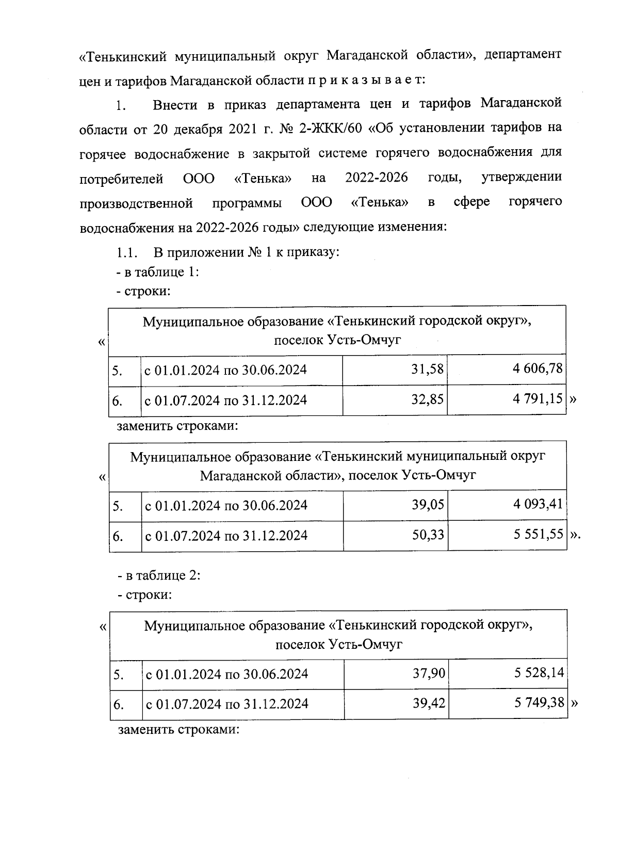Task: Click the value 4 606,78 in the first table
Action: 537,369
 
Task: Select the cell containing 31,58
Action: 427,369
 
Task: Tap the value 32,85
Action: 427,399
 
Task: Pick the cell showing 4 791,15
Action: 537,399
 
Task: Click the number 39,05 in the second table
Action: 428,504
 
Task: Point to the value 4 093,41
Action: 537,504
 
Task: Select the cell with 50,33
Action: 428,535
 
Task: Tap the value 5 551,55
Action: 537,535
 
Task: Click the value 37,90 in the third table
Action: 429,673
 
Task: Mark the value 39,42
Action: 429,703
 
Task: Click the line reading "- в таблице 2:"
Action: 159,574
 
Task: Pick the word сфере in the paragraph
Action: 471,202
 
